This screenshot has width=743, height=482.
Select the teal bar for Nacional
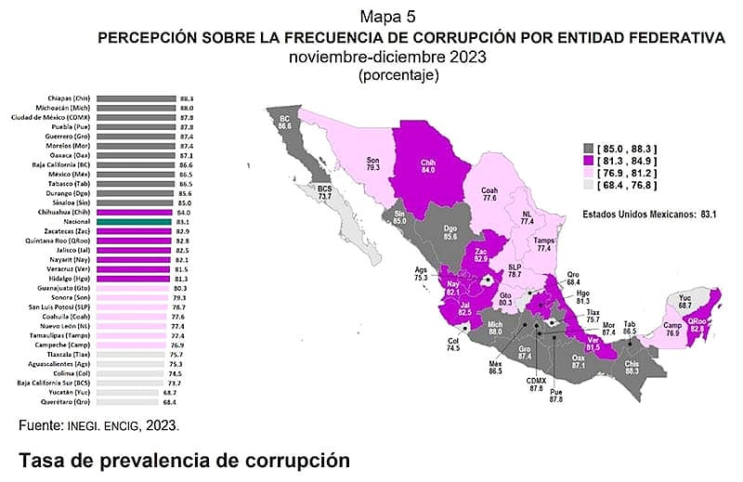pyautogui.click(x=136, y=222)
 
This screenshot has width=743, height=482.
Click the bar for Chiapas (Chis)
pyautogui.click(x=136, y=98)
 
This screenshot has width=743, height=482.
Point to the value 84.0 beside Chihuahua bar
pyautogui.click(x=186, y=213)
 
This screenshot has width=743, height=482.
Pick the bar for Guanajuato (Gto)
pyautogui.click(x=136, y=289)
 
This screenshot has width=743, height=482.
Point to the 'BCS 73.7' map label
pyautogui.click(x=324, y=192)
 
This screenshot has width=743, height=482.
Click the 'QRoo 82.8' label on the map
pyautogui.click(x=697, y=322)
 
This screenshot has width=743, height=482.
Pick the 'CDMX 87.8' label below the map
pyautogui.click(x=537, y=384)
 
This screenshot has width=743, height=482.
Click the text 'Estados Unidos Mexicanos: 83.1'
pyautogui.click(x=650, y=214)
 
